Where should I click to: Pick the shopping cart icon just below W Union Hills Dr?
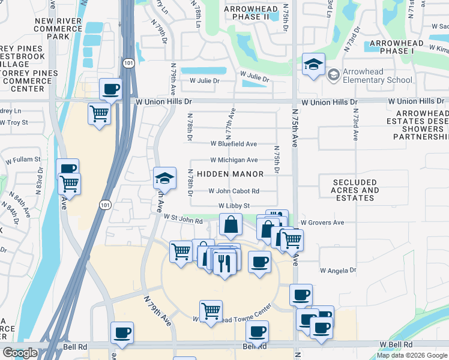99,113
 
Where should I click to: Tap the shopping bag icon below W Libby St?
231,225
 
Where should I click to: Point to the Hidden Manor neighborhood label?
231,174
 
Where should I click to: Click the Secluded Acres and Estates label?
357,190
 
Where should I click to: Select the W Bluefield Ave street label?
234,144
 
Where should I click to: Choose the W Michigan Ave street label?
234,160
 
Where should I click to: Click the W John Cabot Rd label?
234,191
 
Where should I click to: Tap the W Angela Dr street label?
337,271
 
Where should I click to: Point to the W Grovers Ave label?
322,223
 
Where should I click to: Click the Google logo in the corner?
20,353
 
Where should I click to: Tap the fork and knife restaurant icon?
224,263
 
